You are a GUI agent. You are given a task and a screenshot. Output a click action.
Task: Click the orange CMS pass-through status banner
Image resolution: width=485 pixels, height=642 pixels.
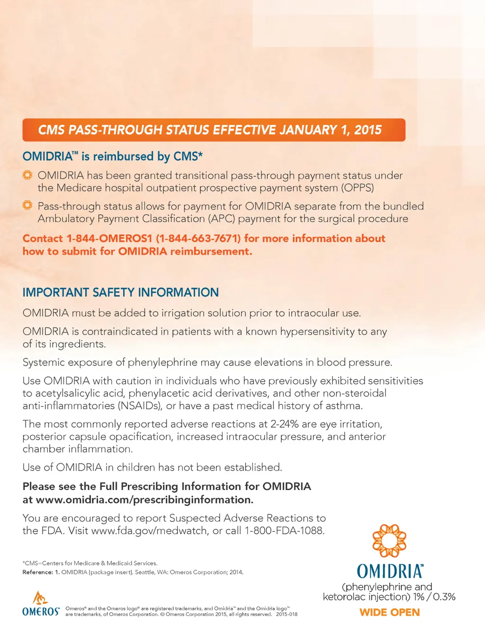214,130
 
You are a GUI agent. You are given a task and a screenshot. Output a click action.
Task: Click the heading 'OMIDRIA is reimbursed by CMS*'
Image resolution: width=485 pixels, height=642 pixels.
113,157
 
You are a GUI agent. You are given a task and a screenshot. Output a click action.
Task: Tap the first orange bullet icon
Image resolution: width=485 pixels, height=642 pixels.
27,175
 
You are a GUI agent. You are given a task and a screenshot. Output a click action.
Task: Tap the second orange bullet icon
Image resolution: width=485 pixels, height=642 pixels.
27,205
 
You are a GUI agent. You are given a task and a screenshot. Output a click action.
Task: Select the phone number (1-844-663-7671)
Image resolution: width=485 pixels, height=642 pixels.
198,238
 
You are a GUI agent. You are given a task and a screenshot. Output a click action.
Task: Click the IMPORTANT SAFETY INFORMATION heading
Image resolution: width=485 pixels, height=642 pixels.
120,292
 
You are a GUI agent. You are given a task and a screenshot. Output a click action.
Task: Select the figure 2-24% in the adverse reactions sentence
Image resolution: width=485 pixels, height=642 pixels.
284,424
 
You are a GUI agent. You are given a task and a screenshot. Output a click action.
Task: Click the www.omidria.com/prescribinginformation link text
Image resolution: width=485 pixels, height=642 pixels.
144,500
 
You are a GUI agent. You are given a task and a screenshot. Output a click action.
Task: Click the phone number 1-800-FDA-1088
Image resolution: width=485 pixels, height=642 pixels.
284,531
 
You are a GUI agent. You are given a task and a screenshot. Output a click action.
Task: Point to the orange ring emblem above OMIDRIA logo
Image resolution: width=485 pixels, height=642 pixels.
389,541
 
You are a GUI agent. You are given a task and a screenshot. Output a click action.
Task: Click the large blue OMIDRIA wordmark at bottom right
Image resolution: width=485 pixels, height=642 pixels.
390,572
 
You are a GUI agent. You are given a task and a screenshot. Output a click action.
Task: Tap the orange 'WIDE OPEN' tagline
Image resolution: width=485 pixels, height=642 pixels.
389,612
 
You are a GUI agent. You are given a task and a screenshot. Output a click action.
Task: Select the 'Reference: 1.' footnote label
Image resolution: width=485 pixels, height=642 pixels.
41,572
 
